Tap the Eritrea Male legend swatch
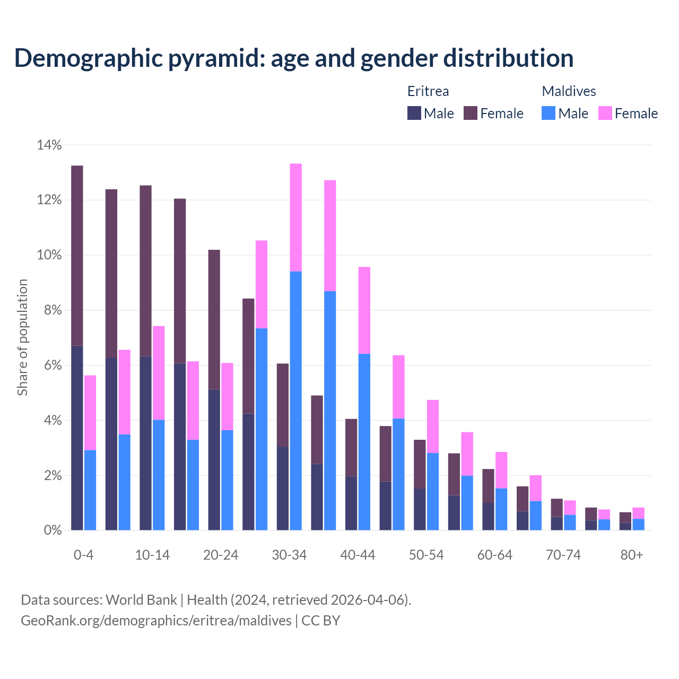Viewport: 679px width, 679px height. [414, 113]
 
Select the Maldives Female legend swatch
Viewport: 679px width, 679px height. [605, 113]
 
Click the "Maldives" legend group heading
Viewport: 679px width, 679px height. [569, 91]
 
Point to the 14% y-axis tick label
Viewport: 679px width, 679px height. [49, 145]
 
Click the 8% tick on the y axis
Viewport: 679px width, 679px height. [52, 310]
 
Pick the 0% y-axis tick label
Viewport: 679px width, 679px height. [52, 530]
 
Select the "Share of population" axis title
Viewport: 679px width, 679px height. [22, 337]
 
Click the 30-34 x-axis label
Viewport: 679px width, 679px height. [289, 555]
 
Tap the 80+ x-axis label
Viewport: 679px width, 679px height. [632, 555]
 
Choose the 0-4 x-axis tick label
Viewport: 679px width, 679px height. [83, 555]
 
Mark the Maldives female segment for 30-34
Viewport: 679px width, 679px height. [296, 217]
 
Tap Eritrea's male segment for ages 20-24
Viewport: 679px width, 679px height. [214, 459]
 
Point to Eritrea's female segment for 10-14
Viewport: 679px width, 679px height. [145, 271]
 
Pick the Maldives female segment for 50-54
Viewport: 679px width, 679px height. [433, 426]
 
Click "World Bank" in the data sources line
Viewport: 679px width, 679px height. [141, 600]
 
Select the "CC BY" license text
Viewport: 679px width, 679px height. [320, 621]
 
